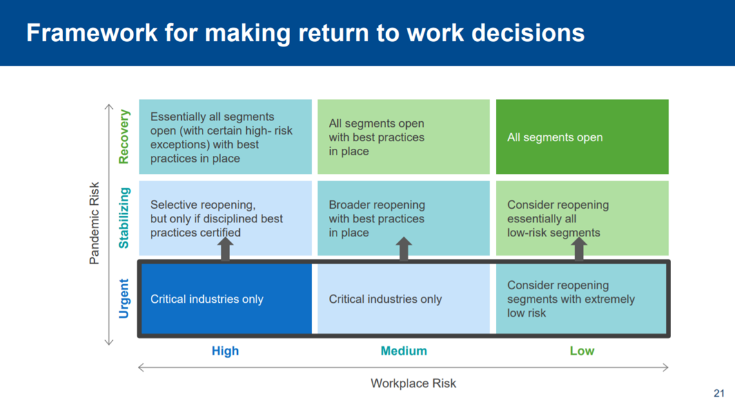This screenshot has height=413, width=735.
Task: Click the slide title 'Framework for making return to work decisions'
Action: (x=305, y=34)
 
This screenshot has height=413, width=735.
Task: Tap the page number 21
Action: (x=719, y=393)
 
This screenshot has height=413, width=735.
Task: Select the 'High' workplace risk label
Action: (x=225, y=351)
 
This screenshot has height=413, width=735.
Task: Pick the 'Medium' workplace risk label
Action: (x=404, y=351)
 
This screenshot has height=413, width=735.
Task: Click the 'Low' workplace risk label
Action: (x=582, y=351)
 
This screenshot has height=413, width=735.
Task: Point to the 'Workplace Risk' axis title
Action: (x=413, y=383)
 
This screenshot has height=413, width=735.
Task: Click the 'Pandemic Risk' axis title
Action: (x=94, y=224)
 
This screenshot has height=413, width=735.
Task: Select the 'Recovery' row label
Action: (x=123, y=137)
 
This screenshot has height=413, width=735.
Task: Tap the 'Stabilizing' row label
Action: (x=123, y=218)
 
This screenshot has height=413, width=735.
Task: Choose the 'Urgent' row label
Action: (x=123, y=299)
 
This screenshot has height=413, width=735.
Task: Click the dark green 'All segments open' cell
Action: (x=582, y=137)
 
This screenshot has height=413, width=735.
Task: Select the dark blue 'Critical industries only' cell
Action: (x=226, y=299)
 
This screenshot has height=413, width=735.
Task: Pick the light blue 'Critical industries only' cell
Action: (x=404, y=299)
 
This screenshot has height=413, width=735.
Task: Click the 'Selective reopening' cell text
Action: (x=217, y=218)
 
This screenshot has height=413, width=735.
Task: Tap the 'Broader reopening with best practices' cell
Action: (x=404, y=218)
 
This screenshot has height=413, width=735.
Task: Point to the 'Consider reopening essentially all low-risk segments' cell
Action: (x=582, y=218)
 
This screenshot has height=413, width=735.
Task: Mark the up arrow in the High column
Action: (x=226, y=249)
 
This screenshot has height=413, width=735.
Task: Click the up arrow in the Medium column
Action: (x=404, y=249)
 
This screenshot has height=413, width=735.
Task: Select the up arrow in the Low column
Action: (x=579, y=249)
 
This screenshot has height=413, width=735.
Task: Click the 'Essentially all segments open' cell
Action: (x=226, y=137)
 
